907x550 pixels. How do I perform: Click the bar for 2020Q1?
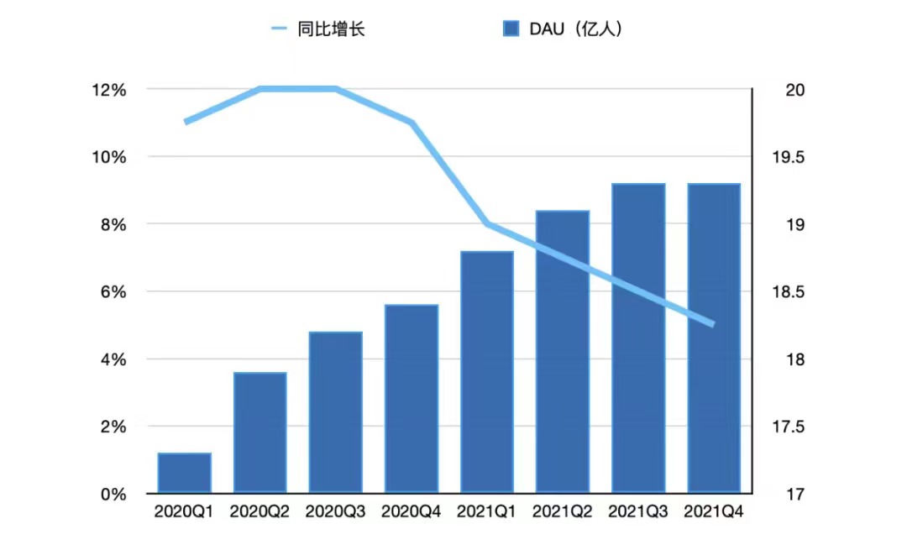185,473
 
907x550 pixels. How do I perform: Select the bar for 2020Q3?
336,412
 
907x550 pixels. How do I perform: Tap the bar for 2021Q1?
487,372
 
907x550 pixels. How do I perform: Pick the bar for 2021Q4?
714,338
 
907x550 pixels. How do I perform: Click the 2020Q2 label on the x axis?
260,511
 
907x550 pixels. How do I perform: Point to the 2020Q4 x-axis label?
411,511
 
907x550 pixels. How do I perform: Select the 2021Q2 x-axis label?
562,511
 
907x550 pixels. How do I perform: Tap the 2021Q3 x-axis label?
638,511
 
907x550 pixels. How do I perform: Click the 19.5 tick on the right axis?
788,157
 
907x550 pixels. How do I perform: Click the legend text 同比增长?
331,29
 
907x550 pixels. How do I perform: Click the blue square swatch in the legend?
511,29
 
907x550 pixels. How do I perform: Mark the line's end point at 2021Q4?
713,324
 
